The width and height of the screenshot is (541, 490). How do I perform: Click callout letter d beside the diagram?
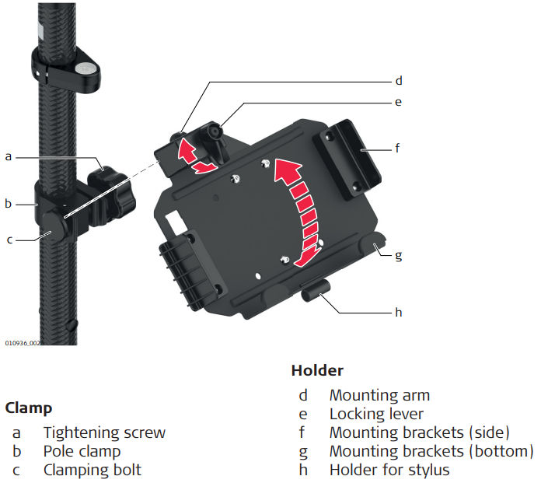coord(398,80)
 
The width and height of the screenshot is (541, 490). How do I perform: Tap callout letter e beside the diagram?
coord(398,101)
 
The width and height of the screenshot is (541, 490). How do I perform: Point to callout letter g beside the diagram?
coord(399,254)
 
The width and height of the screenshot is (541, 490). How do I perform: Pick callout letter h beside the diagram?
coord(399,312)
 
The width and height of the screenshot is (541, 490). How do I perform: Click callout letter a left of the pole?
coord(9,156)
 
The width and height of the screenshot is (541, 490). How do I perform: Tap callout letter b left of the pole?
coord(9,204)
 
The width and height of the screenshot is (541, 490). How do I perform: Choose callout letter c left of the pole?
coord(9,240)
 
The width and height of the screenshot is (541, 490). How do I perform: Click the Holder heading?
coord(317,370)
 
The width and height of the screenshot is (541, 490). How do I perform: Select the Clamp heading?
coord(28,408)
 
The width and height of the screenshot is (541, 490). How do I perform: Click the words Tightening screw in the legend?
coord(104,432)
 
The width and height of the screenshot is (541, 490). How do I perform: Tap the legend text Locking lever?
coord(376,414)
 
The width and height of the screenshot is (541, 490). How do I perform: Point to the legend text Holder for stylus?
coord(389,470)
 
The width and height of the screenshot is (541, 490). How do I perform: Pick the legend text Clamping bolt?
coord(92,470)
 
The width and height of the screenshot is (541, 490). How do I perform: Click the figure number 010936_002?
coord(23,342)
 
